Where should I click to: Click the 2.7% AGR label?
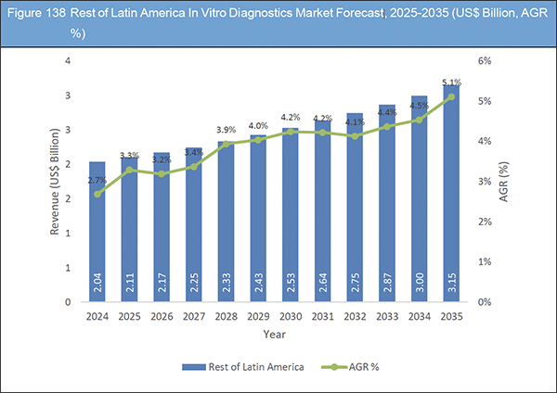pyautogui.click(x=97, y=182)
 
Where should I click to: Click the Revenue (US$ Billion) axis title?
pyautogui.click(x=58, y=182)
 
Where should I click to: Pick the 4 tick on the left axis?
pyautogui.click(x=66, y=60)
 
